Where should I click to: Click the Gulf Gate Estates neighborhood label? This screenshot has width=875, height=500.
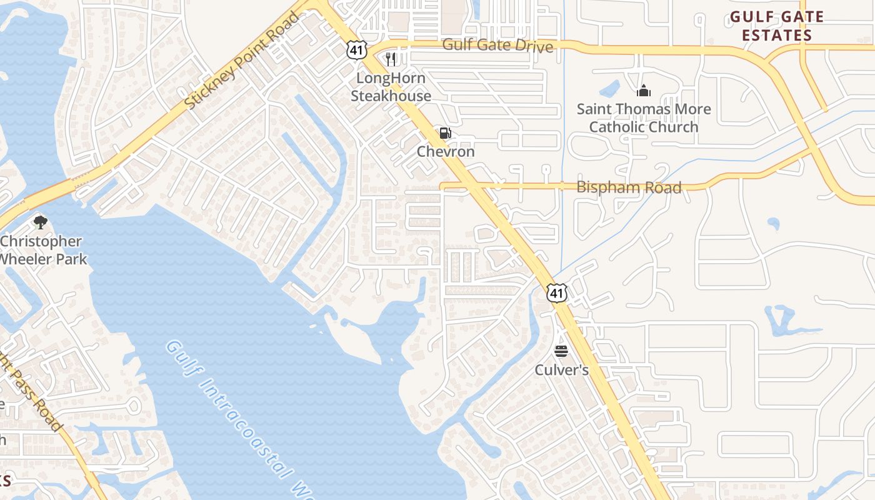777,26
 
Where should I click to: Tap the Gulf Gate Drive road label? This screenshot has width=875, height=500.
497,46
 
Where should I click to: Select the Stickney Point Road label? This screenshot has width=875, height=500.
244,61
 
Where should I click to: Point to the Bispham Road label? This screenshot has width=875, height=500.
628,187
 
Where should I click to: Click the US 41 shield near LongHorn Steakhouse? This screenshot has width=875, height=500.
356,50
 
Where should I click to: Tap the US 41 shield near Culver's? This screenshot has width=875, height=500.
556,292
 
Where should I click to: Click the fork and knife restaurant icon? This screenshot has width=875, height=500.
391,59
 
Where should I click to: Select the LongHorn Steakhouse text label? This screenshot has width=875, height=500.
391,87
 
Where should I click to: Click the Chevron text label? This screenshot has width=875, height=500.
446,152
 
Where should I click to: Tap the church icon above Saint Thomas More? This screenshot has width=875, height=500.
643,91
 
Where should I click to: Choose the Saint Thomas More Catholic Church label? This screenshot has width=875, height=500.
644,117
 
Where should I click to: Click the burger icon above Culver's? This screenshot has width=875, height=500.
561,351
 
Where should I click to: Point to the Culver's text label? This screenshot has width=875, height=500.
561,370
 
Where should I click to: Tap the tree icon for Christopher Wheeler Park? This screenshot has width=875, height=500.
41,222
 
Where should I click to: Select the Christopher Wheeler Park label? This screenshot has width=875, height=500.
41,249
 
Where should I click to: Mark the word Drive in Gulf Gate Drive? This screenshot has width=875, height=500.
534,46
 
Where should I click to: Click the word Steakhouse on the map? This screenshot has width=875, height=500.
391,96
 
